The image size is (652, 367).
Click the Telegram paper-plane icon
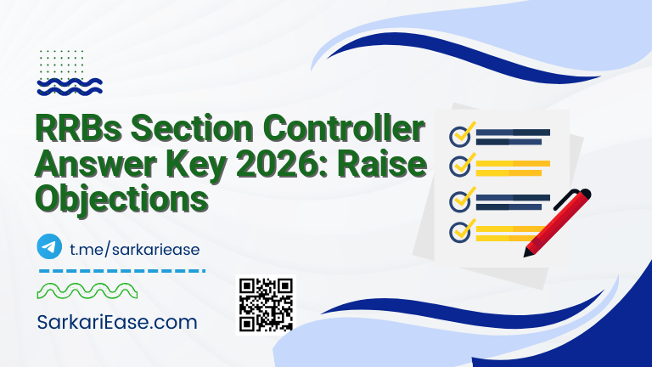click(x=50, y=247)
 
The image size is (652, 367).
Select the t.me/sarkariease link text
click(x=133, y=248)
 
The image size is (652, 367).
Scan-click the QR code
click(x=265, y=304)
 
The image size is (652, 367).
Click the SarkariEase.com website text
click(x=117, y=323)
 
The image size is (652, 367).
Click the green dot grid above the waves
click(x=61, y=61)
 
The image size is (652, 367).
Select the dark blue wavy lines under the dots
click(x=70, y=85)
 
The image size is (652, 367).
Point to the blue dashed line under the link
click(x=122, y=271)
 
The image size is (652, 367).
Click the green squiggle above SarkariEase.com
click(x=88, y=291)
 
